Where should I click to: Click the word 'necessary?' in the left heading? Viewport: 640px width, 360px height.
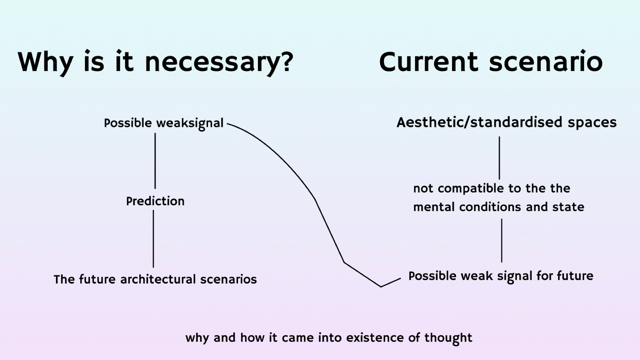[x=219, y=62]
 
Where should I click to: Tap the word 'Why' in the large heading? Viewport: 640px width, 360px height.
[x=45, y=62]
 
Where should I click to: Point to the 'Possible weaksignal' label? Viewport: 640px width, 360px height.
[x=163, y=123]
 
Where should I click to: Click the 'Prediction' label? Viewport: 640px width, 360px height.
[x=155, y=201]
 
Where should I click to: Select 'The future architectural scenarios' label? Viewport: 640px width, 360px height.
[x=155, y=279]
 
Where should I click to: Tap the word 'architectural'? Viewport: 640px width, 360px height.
[x=158, y=279]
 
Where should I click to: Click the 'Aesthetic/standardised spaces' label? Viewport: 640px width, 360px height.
[x=506, y=122]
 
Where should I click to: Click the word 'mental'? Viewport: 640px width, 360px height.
[x=434, y=207]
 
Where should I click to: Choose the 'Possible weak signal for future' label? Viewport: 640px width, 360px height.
[x=501, y=276]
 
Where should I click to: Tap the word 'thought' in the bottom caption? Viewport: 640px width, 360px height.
[x=448, y=338]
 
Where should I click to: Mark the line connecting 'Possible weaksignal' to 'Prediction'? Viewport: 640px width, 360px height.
[x=155, y=161]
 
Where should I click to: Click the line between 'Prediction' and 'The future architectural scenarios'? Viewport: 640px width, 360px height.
[x=153, y=239]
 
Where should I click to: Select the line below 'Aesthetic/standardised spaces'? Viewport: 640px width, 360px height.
[x=499, y=158]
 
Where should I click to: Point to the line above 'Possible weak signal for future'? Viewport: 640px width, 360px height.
[x=502, y=240]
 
